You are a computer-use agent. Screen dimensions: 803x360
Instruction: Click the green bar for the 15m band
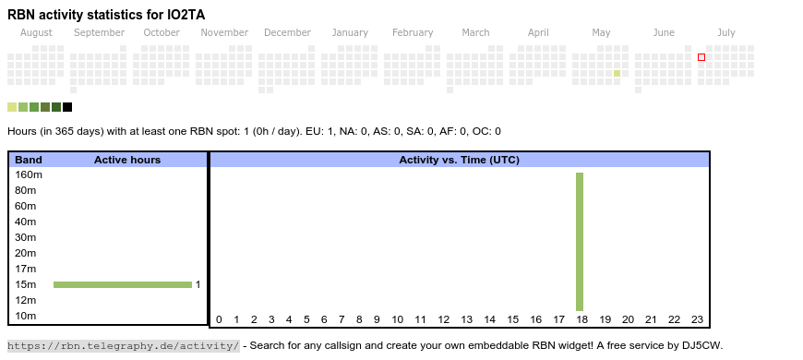123,284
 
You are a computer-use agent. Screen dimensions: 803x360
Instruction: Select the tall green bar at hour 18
580,242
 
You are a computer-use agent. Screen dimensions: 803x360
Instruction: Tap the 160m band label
29,174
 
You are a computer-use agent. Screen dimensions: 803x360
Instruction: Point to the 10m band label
26,316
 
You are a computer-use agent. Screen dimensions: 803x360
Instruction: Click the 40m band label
26,222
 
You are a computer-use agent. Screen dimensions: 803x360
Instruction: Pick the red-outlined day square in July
701,57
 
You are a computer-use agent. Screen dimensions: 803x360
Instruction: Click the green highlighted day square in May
617,73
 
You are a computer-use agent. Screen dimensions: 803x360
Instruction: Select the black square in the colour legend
67,107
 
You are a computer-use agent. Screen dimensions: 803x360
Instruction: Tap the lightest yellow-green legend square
12,107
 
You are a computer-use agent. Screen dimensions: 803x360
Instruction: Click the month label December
287,33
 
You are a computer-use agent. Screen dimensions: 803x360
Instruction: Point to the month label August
36,33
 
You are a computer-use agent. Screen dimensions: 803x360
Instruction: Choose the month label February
413,33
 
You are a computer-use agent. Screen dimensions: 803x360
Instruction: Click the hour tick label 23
697,319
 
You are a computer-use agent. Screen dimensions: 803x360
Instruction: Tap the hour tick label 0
219,319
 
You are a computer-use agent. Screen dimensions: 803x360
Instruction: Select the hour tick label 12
443,319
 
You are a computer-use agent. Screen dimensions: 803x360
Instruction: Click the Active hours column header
127,160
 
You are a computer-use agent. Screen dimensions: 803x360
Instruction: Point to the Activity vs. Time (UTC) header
460,160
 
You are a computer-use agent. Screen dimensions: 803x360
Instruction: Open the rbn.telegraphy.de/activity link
124,345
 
